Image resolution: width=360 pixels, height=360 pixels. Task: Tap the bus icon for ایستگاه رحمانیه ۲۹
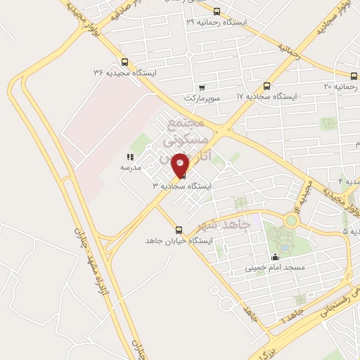(217, 11)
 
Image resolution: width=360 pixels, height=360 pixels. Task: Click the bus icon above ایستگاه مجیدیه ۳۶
(124, 62)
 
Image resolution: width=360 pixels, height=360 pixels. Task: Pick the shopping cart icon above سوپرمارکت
(202, 88)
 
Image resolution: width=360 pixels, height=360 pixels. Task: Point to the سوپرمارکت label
(202, 98)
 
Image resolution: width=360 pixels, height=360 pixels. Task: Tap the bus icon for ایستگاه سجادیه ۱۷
(274, 85)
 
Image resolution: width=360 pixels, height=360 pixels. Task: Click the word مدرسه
(130, 167)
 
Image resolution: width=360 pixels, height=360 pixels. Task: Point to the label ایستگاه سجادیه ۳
(183, 186)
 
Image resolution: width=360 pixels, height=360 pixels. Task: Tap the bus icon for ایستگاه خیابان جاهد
(178, 230)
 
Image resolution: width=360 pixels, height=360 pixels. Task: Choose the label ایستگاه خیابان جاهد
(178, 240)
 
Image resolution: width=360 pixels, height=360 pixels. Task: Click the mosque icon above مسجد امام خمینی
(275, 257)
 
